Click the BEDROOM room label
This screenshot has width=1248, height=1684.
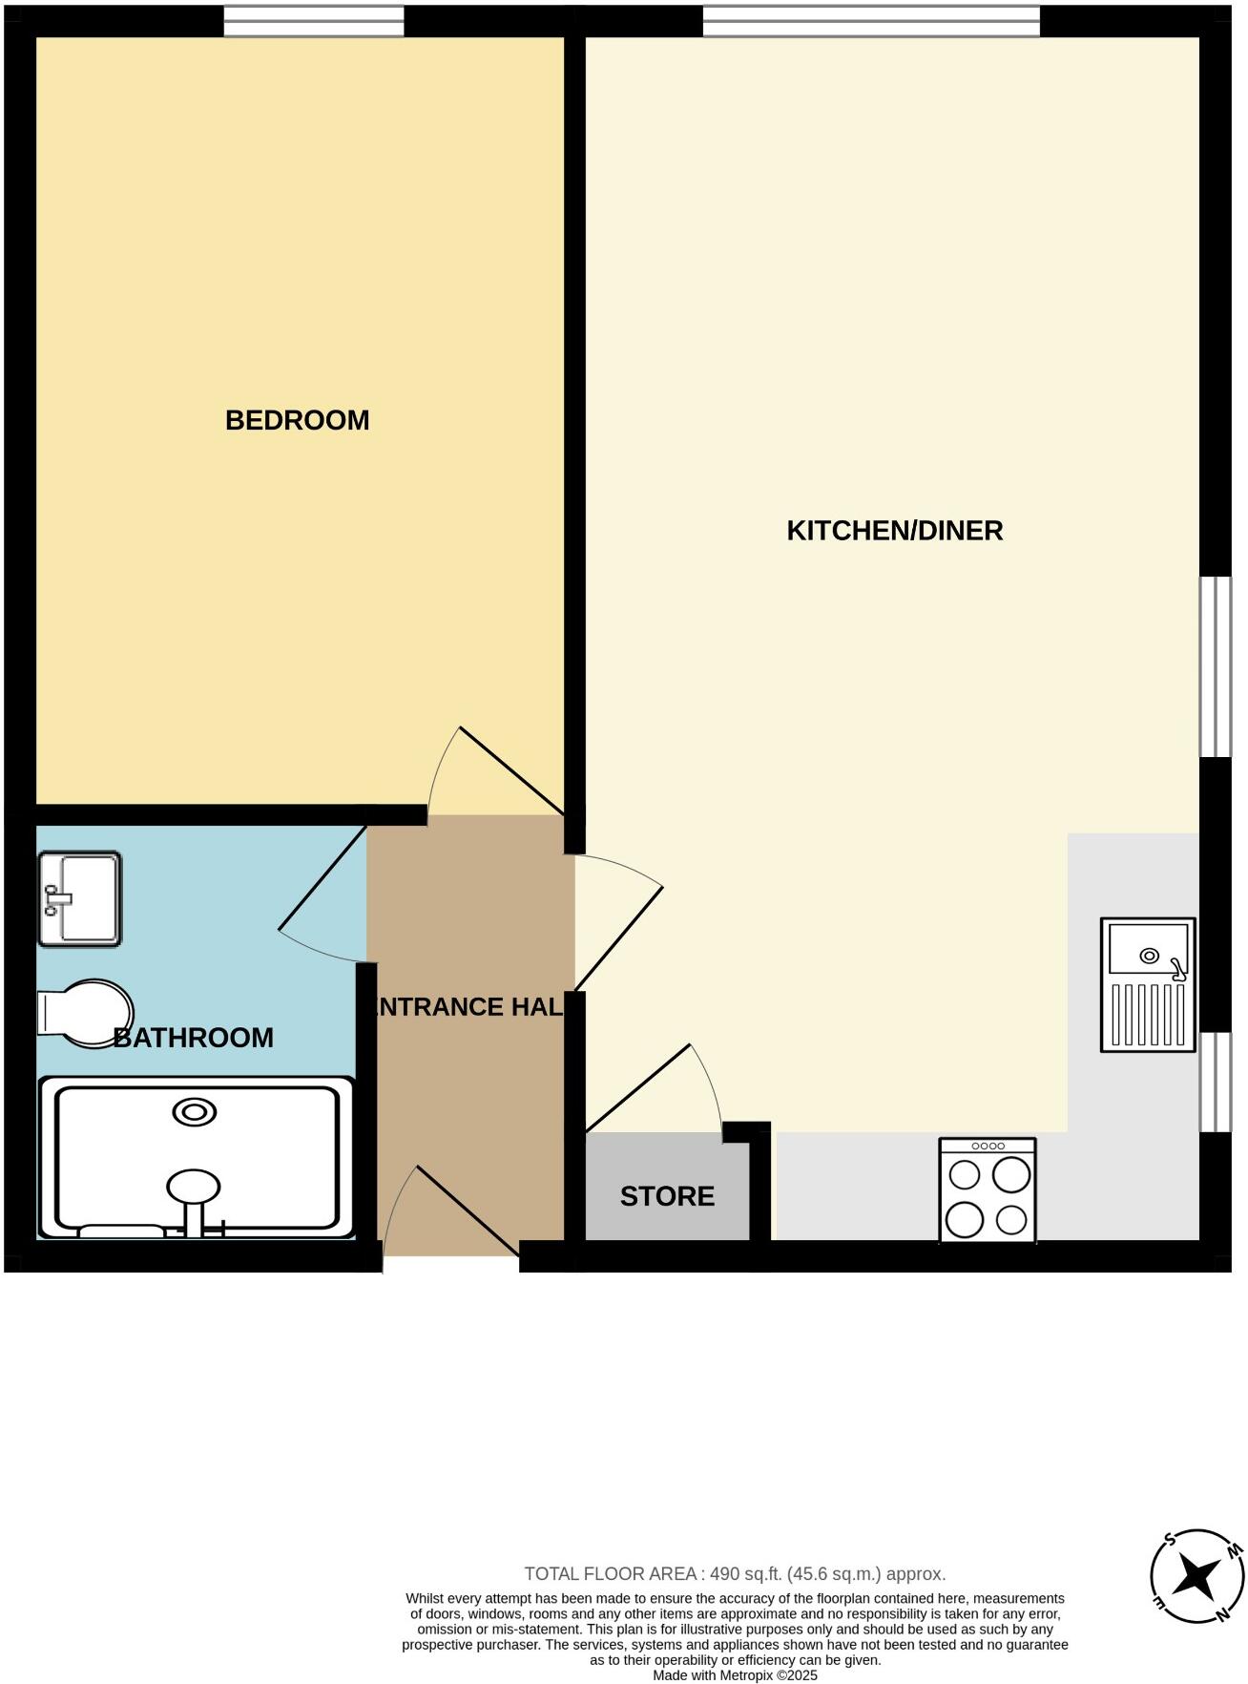[x=297, y=420]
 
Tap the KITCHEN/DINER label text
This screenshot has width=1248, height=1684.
[x=894, y=531]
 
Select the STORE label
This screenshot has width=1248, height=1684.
[x=667, y=1196]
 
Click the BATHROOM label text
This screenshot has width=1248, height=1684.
[x=194, y=1038]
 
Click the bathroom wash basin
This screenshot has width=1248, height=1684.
[x=80, y=898]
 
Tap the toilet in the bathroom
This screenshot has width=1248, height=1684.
[x=85, y=1012]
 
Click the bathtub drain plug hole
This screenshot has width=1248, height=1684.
[x=194, y=1112]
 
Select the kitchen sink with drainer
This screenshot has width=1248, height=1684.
[x=1148, y=985]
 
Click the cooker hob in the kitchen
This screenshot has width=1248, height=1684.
[x=988, y=1189]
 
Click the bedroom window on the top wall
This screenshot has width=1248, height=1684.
[x=314, y=21]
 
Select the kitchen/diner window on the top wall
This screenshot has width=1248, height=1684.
[x=871, y=21]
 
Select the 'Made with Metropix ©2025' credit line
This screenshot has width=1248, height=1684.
[x=735, y=1675]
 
